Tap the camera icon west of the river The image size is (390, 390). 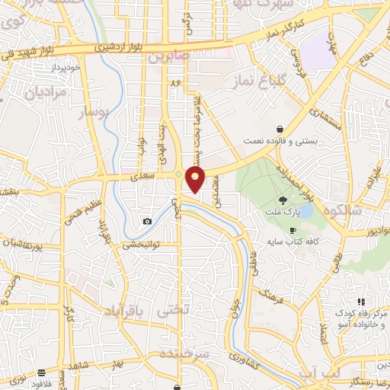(146, 222)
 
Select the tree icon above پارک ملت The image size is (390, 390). (273, 200)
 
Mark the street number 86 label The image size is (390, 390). (178, 81)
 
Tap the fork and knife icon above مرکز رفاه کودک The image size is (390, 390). (361, 302)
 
